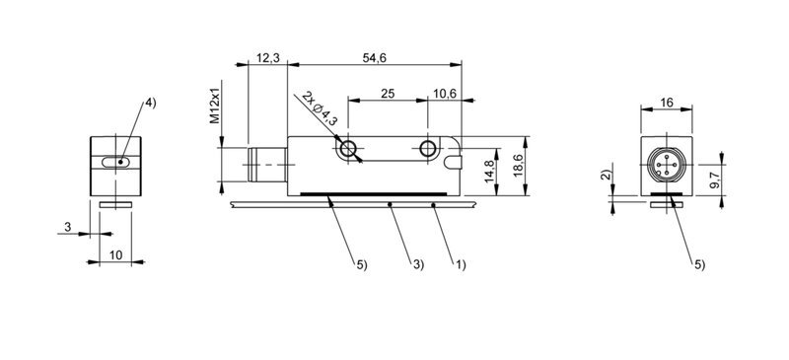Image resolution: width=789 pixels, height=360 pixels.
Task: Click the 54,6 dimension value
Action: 375,58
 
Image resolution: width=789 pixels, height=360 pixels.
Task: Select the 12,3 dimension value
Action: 267,58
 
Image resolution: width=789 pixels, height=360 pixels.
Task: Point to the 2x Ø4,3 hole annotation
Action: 320,108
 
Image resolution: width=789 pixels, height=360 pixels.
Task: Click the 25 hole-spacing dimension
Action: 388,94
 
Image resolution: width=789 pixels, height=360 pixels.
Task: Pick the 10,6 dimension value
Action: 444,94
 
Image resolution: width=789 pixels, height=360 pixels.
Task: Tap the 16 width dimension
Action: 667,103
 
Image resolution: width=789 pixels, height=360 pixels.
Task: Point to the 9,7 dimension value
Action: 714,180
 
